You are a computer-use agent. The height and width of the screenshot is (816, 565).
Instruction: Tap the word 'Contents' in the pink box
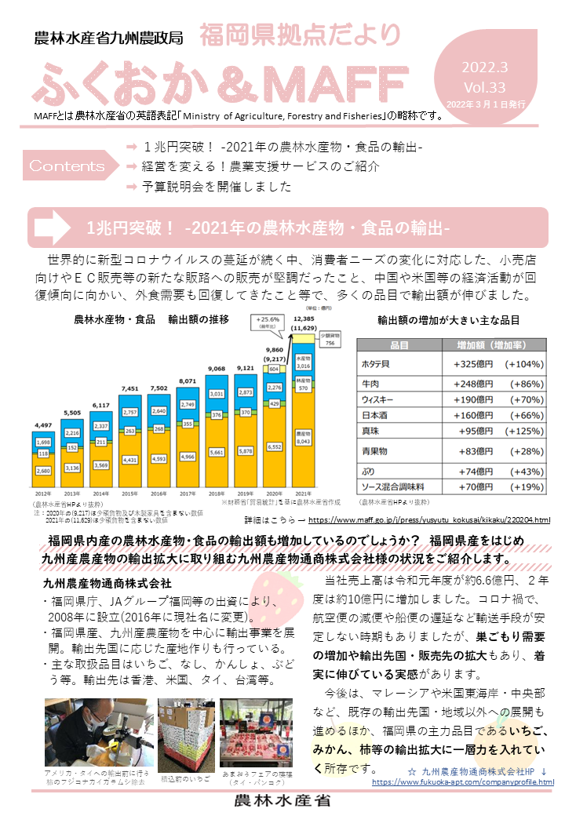tap(67, 166)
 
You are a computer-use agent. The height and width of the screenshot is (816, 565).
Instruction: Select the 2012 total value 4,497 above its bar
tap(44, 427)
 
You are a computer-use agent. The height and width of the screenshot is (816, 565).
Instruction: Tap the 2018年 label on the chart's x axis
tap(217, 494)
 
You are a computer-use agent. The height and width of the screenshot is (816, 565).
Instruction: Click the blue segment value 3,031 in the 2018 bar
tap(217, 393)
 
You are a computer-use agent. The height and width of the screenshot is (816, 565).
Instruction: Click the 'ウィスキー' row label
tap(382, 399)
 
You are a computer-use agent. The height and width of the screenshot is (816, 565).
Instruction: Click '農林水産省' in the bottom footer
tap(282, 801)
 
